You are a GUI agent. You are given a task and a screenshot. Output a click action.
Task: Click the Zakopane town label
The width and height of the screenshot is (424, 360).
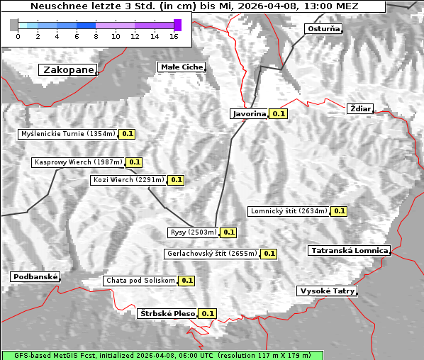click(x=67, y=70)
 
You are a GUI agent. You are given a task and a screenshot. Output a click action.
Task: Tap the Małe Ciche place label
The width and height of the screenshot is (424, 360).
click(x=182, y=67)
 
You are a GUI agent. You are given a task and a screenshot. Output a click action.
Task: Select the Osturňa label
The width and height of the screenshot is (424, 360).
click(x=323, y=29)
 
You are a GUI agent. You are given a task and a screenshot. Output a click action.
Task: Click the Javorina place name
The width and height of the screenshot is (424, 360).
click(x=249, y=113)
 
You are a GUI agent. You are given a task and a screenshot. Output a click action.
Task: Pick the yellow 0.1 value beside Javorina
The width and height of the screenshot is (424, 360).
click(x=279, y=113)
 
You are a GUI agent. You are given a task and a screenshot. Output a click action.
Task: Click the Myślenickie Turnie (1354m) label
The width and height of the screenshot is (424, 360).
click(x=67, y=133)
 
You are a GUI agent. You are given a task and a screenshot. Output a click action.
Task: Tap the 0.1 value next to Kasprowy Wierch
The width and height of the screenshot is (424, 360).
click(x=135, y=162)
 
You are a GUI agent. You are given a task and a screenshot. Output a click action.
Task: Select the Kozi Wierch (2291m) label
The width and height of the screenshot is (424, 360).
click(x=128, y=180)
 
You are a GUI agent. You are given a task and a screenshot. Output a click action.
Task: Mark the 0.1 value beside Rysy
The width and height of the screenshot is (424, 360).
click(x=229, y=232)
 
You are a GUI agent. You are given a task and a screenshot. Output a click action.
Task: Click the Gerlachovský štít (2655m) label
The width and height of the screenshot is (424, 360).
click(x=211, y=253)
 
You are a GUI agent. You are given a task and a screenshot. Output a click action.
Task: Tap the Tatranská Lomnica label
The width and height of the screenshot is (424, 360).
click(x=350, y=250)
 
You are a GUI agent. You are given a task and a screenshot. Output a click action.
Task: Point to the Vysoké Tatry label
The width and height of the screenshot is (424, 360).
click(x=327, y=291)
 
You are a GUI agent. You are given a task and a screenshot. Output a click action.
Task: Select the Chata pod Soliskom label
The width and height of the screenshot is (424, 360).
click(x=140, y=281)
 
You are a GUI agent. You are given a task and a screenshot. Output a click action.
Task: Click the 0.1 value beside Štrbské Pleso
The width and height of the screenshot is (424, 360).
click(x=208, y=313)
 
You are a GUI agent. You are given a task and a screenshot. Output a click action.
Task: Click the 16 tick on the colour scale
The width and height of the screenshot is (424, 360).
click(x=174, y=36)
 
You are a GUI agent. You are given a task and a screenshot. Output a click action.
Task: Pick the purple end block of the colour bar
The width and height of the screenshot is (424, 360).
click(x=177, y=25)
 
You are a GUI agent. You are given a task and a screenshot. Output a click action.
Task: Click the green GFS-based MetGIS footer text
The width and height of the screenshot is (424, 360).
click(x=162, y=355)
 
